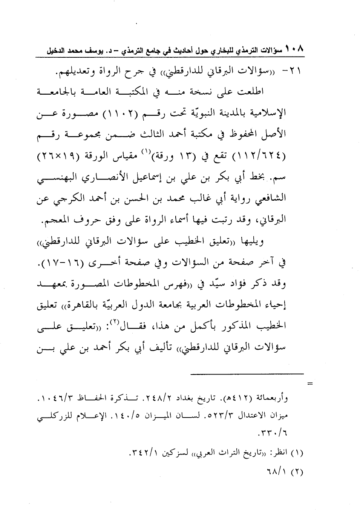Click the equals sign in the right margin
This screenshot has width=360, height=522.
pos(311,384)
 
